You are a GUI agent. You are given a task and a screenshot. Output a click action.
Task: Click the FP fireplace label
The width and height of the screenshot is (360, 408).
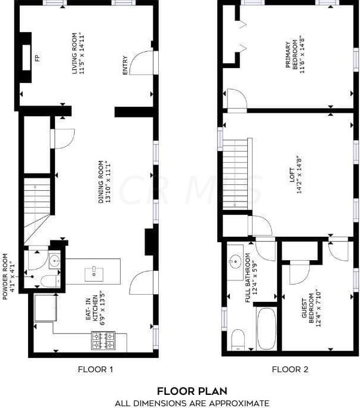[x=37, y=58]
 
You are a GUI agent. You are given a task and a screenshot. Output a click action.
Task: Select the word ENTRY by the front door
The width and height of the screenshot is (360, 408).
[x=125, y=65]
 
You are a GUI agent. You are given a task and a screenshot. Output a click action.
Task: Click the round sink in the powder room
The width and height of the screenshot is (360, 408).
[x=55, y=260]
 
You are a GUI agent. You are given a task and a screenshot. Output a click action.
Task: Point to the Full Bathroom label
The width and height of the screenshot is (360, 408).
[x=250, y=281]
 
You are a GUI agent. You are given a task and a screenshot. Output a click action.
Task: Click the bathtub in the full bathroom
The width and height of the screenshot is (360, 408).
[x=266, y=329]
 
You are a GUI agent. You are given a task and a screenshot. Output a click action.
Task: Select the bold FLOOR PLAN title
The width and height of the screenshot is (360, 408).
[x=192, y=391]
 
